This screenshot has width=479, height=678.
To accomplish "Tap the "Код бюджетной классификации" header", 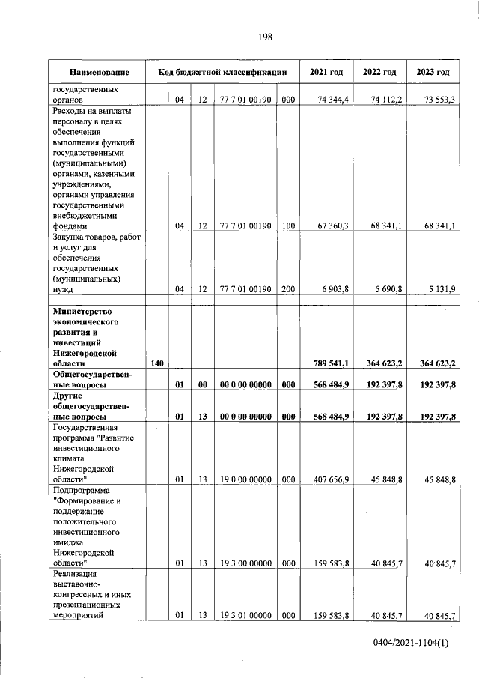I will pyautogui.click(x=222, y=73).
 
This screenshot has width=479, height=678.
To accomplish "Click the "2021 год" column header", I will pyautogui.click(x=326, y=73).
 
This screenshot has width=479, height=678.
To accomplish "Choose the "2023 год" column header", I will pyautogui.click(x=433, y=73).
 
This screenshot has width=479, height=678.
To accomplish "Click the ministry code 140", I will pyautogui.click(x=157, y=364).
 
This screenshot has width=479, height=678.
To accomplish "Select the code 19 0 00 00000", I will pyautogui.click(x=246, y=479).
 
